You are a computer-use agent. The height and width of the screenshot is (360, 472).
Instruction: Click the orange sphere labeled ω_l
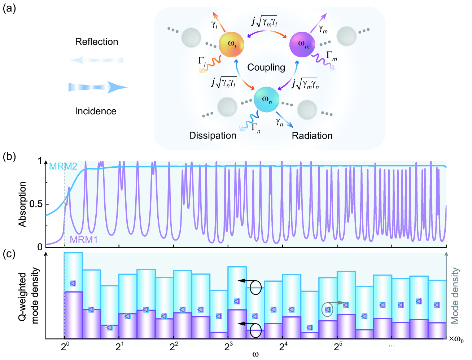232,45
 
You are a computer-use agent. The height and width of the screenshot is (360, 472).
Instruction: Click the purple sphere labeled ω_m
302,44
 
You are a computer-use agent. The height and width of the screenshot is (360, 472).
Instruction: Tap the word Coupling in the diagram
266,67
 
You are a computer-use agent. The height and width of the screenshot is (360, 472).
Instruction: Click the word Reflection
96,42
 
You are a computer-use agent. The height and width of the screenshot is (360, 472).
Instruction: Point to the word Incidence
96,111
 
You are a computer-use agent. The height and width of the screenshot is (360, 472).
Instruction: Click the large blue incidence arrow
97,87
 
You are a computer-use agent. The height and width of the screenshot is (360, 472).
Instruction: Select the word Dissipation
213,136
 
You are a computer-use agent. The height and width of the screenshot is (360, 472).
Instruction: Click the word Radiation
312,136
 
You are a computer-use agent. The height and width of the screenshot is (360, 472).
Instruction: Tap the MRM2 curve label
63,166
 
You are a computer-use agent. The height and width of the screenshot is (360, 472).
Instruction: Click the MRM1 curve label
84,240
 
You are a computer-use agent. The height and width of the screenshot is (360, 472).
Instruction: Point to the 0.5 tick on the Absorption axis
36,204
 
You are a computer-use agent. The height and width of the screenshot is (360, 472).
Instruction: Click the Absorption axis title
23,204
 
